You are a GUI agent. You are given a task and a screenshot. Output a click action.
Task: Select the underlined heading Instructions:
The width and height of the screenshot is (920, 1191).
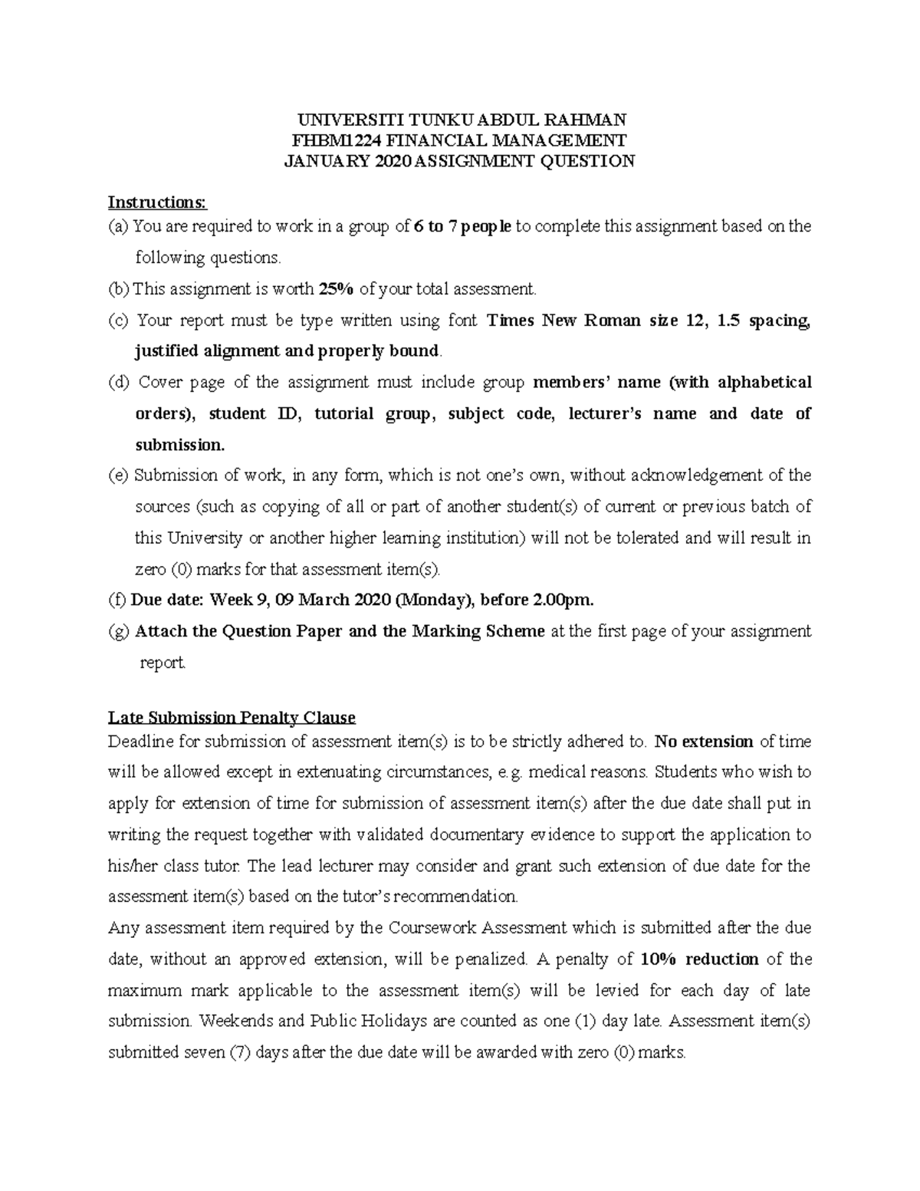tap(157, 202)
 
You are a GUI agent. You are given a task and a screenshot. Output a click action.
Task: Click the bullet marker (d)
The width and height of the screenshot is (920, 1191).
tap(120, 383)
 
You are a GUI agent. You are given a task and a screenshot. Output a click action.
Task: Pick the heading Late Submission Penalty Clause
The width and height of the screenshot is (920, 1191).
tap(232, 718)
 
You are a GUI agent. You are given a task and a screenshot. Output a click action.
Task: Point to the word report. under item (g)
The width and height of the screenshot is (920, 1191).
tap(163, 663)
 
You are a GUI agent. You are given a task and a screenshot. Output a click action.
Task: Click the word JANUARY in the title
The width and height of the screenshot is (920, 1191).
tap(326, 161)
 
